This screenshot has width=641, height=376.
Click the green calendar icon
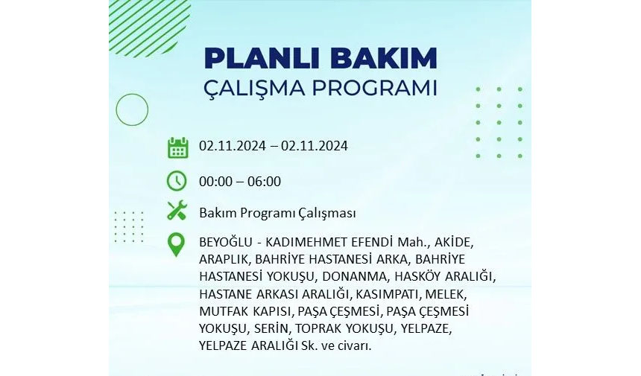[x=178, y=147]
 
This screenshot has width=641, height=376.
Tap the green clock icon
[x=177, y=181]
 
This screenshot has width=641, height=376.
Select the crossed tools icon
[x=177, y=211]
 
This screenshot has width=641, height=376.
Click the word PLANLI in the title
[x=263, y=58]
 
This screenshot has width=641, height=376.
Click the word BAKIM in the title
[x=383, y=58]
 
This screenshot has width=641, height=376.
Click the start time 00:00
[x=216, y=182]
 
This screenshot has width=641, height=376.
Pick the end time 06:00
[x=264, y=182]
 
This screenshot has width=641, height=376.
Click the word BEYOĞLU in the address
[x=226, y=242]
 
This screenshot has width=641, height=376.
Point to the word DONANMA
[x=354, y=276]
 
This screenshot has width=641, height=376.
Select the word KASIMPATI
[x=387, y=294]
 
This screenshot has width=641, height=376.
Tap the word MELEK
[x=445, y=294]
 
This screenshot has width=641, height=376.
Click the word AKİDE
[x=452, y=242]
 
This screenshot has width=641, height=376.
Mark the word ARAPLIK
[x=223, y=259]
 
